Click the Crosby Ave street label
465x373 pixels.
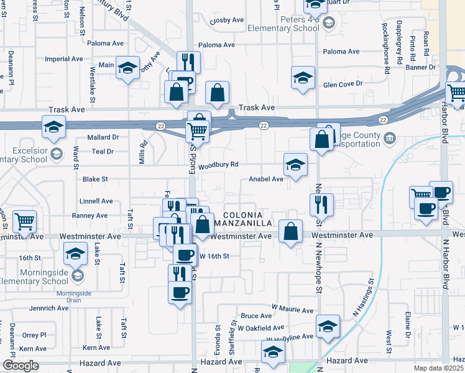click(x=227, y=20)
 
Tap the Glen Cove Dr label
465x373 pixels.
click(x=342, y=85)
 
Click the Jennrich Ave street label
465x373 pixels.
click(x=50, y=308)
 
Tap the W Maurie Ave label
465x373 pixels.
click(x=293, y=310)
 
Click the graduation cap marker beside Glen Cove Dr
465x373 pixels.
click(x=303, y=78)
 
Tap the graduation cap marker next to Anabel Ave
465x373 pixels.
click(x=296, y=165)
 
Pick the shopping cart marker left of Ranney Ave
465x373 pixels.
click(x=25, y=221)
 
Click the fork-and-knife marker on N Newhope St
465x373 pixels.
click(x=322, y=205)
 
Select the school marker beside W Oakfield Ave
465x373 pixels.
click(x=328, y=326)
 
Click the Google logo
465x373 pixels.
click(x=21, y=366)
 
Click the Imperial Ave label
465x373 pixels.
click(x=64, y=59)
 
